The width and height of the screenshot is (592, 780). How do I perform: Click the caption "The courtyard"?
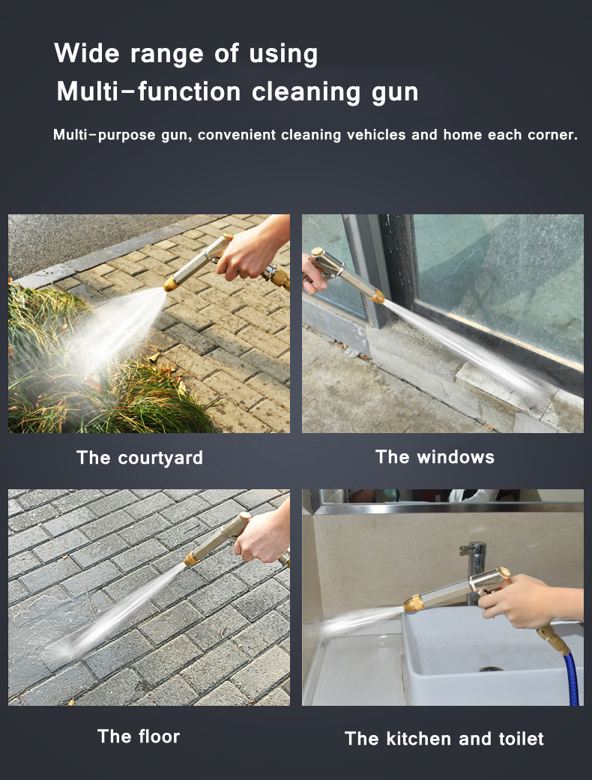pos(139,458)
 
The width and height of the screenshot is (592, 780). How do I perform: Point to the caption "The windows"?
pos(435,457)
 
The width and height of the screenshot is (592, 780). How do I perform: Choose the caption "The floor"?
pos(139,737)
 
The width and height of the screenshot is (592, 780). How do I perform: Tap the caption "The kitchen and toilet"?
pos(444,739)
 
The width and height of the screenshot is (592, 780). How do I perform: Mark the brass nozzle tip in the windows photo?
pos(378,297)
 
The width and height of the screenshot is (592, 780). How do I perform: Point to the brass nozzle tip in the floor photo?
pos(193,558)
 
